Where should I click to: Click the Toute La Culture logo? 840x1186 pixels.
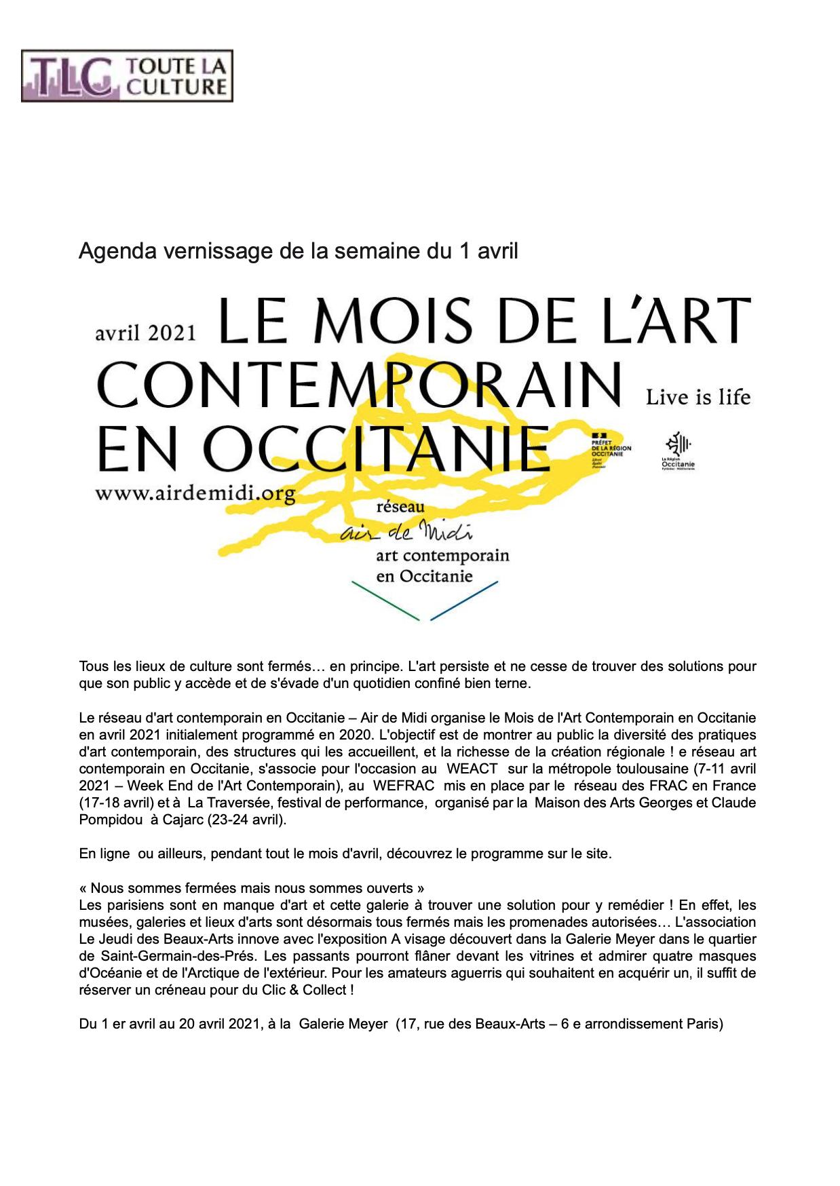tap(127, 76)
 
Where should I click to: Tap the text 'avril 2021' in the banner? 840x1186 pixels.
tap(145, 333)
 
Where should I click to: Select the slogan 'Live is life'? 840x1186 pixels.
tap(698, 397)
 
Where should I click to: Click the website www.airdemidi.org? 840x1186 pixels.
tap(195, 493)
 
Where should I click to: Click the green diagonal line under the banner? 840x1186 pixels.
tap(385, 600)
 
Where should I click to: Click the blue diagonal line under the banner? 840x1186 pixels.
tap(464, 600)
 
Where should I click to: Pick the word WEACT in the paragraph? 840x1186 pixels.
tap(472, 769)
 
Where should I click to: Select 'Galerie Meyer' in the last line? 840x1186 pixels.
tap(343, 1024)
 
